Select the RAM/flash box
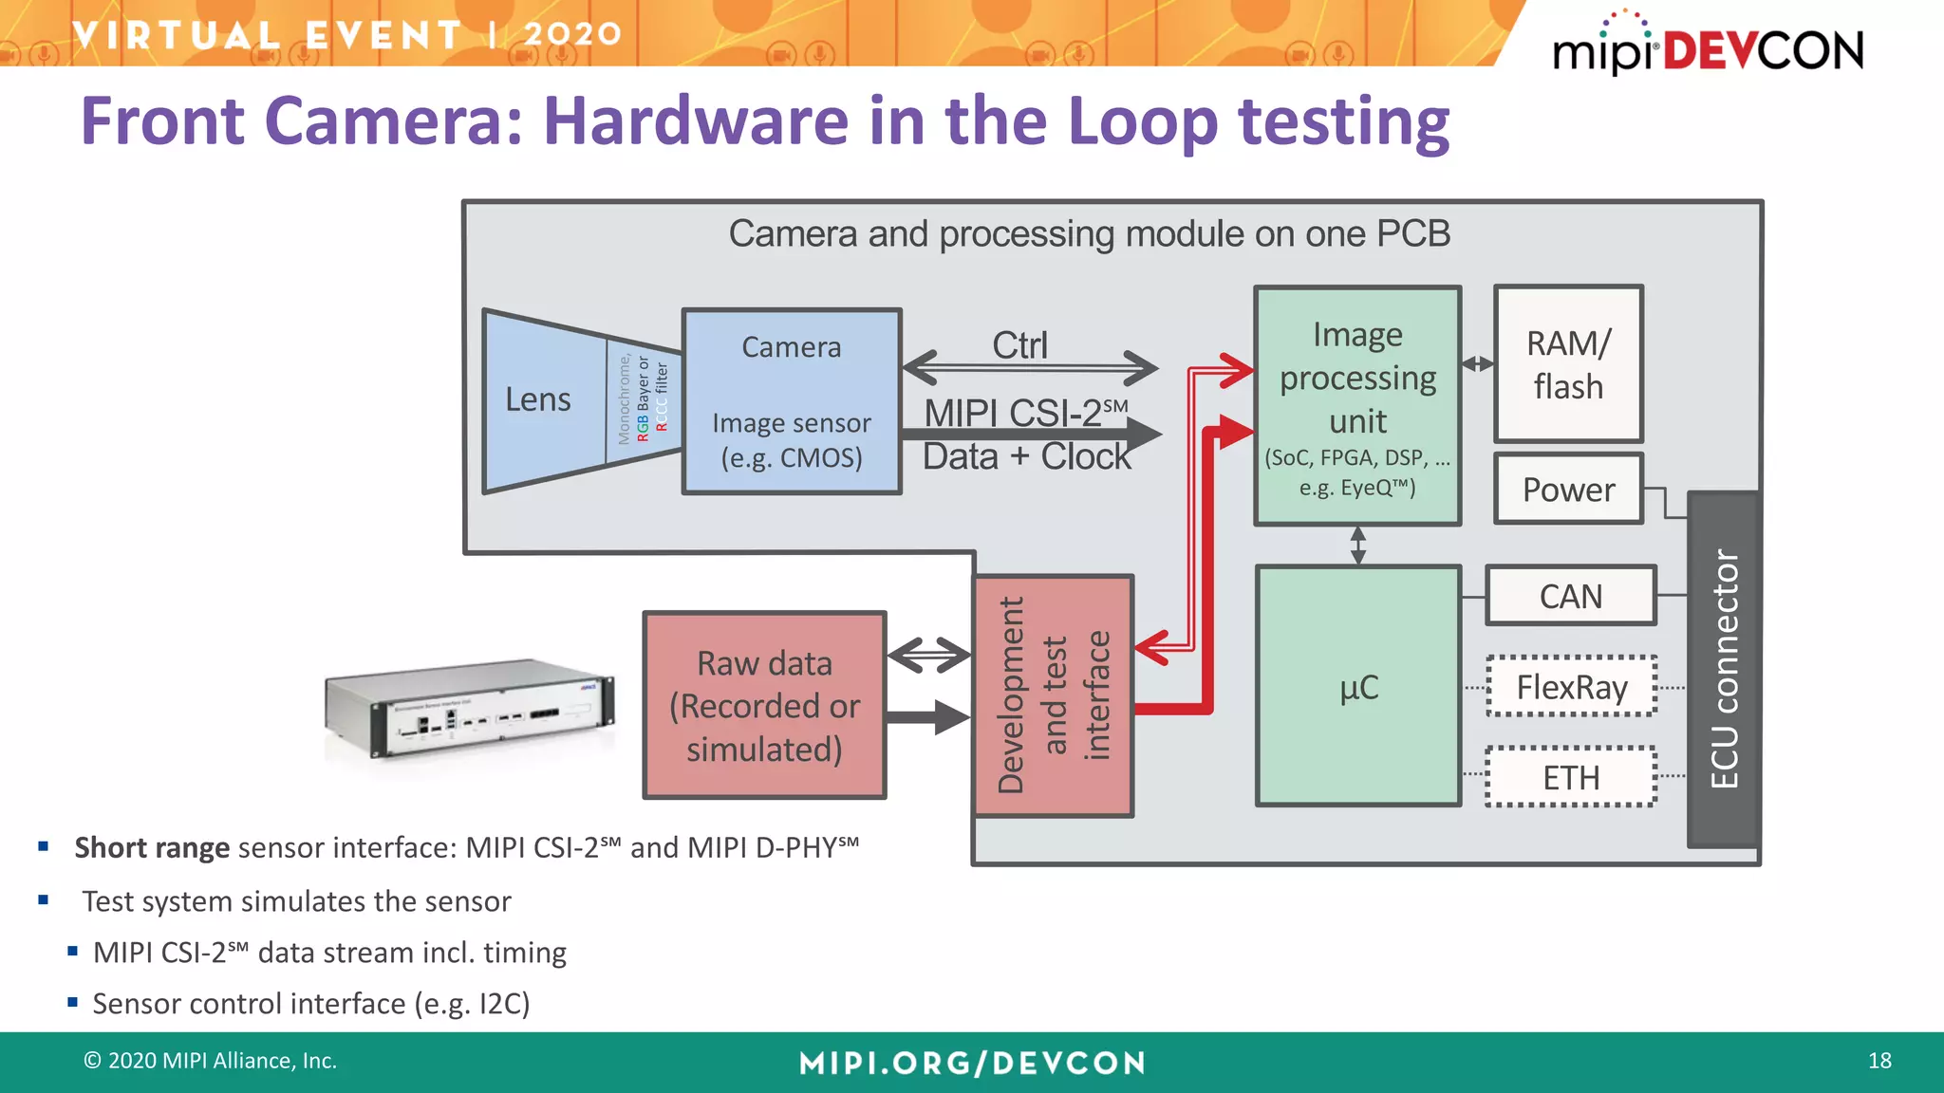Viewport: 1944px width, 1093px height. (x=1568, y=364)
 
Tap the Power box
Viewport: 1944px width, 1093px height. (x=1568, y=490)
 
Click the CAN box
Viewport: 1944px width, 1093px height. (x=1570, y=597)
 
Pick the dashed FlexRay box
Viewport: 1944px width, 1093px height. (x=1571, y=687)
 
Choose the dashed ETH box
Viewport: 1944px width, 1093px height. (x=1571, y=778)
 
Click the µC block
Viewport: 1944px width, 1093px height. (x=1357, y=687)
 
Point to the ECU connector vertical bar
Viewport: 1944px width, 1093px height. (x=1724, y=670)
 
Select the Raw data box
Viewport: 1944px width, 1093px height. (x=764, y=706)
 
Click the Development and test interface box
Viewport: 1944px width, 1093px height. (x=1053, y=695)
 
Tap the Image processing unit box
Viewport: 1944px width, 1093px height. (x=1357, y=406)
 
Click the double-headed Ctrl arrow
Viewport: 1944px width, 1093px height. (x=1029, y=367)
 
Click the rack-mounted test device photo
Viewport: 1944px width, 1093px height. (x=470, y=708)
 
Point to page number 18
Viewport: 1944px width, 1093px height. (x=1879, y=1061)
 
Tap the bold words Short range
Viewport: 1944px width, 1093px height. (x=152, y=847)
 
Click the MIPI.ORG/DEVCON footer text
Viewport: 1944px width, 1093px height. (x=972, y=1063)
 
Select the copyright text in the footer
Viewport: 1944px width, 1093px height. (x=211, y=1061)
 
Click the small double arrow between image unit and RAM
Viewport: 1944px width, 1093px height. (x=1477, y=364)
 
